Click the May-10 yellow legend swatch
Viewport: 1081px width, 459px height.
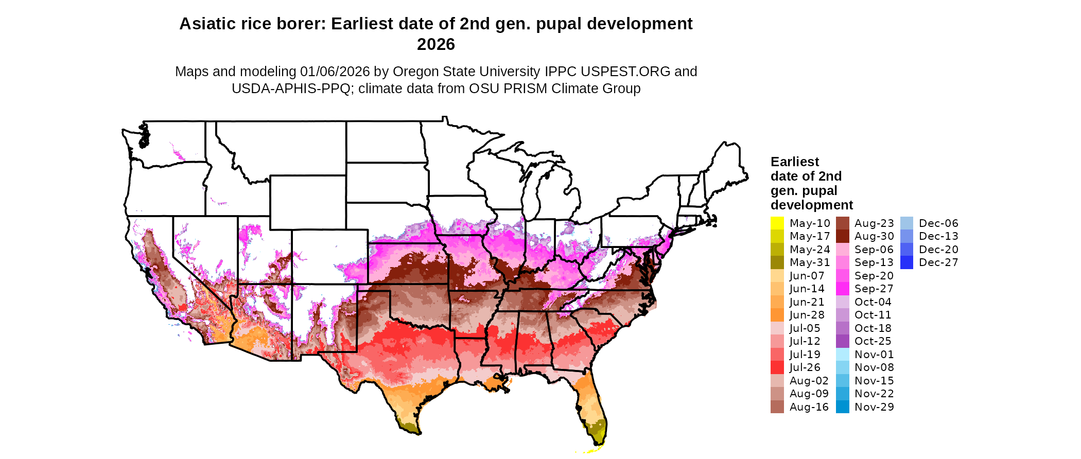[777, 223]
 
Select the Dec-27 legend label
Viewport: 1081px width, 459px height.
[938, 262]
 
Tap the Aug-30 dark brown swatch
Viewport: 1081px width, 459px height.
[842, 236]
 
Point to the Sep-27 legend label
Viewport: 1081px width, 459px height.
[874, 289]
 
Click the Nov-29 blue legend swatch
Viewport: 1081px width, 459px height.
[842, 407]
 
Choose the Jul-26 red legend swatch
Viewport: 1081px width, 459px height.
[777, 367]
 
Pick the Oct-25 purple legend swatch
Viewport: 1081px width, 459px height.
[842, 341]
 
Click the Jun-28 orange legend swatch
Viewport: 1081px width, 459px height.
[777, 315]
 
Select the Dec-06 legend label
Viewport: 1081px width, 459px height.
[938, 223]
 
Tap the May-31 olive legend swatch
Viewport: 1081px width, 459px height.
[777, 262]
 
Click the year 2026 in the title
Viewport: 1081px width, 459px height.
[435, 44]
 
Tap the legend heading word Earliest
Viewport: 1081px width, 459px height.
[794, 162]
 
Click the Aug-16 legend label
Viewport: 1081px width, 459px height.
[809, 407]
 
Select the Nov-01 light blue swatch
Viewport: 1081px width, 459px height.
[842, 355]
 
